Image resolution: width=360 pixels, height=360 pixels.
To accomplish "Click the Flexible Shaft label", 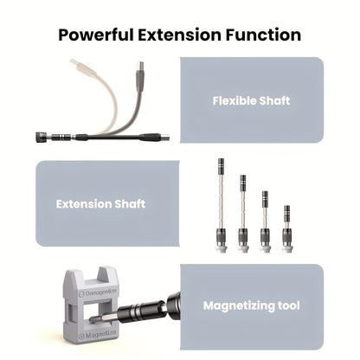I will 252,100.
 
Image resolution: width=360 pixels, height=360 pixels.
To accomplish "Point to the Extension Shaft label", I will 100,204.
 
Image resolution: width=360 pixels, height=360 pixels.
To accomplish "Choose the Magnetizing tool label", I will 252,305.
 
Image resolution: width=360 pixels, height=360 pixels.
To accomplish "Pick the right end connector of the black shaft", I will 164,137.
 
